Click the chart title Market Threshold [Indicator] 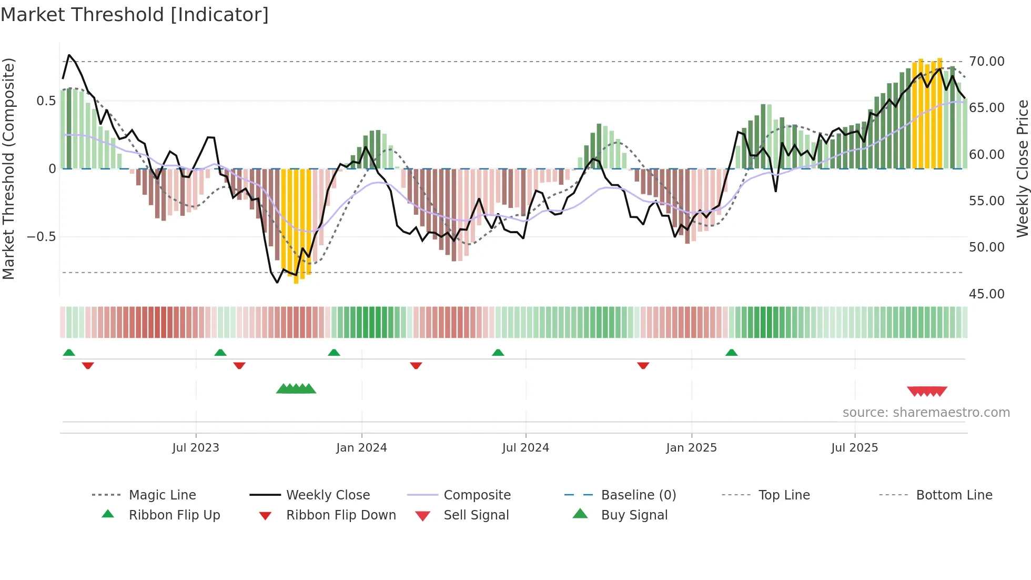(x=135, y=15)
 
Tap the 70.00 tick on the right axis (x=987, y=62)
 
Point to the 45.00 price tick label (x=987, y=294)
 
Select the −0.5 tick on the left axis (x=42, y=237)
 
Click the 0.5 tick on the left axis (x=46, y=101)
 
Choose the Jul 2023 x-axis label (x=196, y=448)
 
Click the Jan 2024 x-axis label (x=361, y=448)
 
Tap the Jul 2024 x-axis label (x=525, y=448)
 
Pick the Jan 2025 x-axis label (x=691, y=448)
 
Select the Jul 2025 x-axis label (x=855, y=448)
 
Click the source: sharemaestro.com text (x=926, y=413)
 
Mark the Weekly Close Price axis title (x=1022, y=168)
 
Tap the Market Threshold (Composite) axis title (x=8, y=168)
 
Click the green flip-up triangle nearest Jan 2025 (x=731, y=353)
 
